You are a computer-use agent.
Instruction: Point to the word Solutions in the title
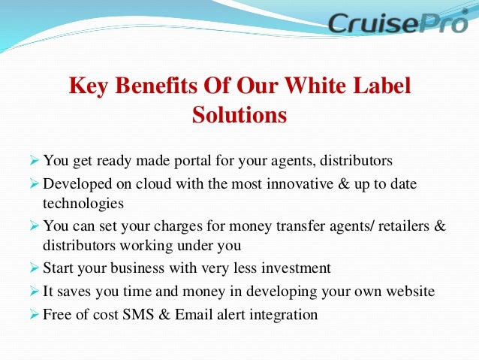click(x=239, y=116)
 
